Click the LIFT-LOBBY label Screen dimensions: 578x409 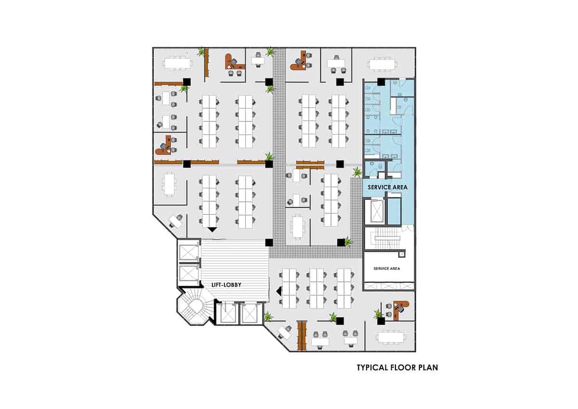pos(226,285)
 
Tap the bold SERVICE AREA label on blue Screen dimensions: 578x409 pos(388,187)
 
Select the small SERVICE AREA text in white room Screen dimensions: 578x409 pos(387,269)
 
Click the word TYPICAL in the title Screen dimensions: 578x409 pos(372,368)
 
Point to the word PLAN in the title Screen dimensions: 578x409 pos(428,368)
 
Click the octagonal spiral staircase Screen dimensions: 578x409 pos(196,306)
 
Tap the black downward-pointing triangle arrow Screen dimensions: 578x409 pos(212,229)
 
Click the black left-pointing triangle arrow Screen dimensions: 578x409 pos(279,291)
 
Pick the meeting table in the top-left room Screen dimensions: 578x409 pos(177,64)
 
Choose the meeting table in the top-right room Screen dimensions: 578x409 pos(382,65)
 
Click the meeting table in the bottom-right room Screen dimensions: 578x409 pos(391,337)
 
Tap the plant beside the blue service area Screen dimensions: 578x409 pos(357,172)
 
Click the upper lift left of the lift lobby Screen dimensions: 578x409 pos(188,252)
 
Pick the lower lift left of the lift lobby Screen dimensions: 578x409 pos(188,273)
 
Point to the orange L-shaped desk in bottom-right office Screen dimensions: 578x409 pos(400,309)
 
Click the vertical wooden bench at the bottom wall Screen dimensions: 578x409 pos(302,336)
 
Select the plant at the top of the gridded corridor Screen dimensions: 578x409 pos(270,52)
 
